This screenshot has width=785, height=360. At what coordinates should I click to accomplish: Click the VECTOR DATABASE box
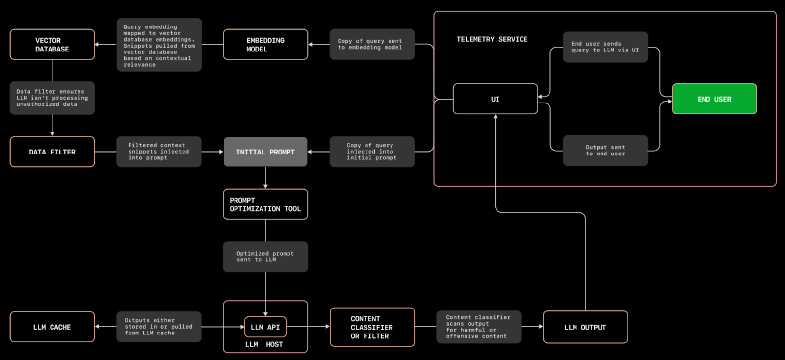pos(52,45)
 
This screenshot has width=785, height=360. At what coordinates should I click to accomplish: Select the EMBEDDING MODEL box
pos(265,45)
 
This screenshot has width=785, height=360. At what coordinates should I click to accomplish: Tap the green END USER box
pos(714,99)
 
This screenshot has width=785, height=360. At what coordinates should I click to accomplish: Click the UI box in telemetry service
pos(495,99)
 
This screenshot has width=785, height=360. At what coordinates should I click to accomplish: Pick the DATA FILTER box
pos(52,152)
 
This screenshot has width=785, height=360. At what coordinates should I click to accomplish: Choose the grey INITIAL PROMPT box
pos(265,152)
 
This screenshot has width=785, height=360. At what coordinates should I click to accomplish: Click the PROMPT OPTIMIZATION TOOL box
pos(265,205)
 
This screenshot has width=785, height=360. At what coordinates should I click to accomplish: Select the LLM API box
pos(265,327)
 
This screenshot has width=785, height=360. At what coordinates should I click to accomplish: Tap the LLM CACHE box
pos(52,327)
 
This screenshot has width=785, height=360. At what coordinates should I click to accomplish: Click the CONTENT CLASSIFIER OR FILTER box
pos(372,327)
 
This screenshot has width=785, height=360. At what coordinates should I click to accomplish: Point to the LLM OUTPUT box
pos(585,327)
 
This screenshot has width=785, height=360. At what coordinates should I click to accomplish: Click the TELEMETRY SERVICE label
pos(492,39)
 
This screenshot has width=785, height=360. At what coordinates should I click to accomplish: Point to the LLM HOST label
pos(264,344)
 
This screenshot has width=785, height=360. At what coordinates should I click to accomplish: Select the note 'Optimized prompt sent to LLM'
pos(265,257)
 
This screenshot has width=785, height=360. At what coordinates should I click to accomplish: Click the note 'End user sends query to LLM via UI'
pos(605,47)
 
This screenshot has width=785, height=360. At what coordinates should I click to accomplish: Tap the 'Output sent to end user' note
pos(605,151)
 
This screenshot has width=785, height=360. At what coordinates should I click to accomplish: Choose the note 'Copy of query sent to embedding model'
pos(372,45)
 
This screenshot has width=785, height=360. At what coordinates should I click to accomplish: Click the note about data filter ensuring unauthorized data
pos(52,98)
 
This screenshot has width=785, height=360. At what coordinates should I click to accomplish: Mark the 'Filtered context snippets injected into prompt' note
pos(158,152)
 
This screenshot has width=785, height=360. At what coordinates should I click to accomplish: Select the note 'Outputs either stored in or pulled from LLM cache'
pos(158,327)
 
